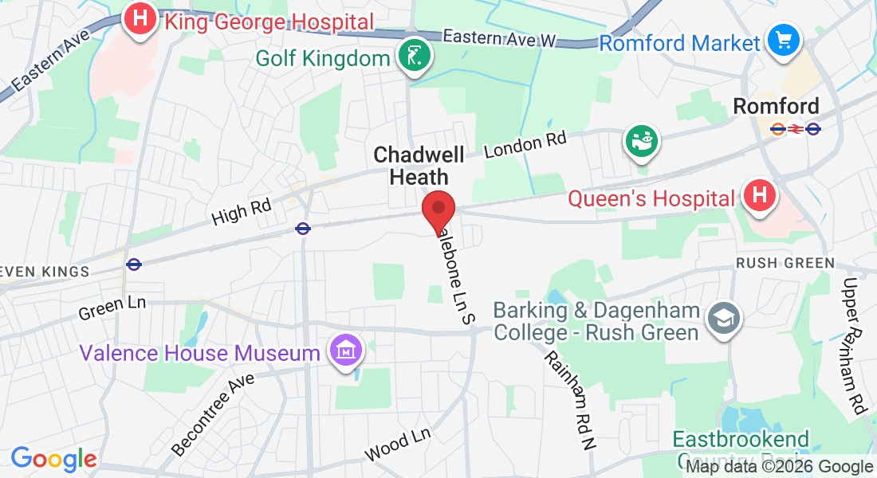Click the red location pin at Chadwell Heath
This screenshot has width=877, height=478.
point(438,210)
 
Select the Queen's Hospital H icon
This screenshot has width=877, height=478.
point(759,194)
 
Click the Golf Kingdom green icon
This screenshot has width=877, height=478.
point(415,56)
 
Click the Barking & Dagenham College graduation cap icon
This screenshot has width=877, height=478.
point(725,319)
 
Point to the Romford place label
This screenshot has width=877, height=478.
point(776,106)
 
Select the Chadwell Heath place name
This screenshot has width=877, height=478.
point(419,165)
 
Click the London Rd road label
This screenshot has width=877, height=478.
point(525,144)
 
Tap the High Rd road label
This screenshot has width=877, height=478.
point(242,211)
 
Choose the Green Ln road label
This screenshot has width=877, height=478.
point(112,308)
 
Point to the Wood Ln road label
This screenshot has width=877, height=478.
point(398,445)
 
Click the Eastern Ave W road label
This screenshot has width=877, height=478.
point(498,37)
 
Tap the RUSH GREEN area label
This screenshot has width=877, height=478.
point(785,263)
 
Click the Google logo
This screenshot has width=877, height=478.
point(53,459)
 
